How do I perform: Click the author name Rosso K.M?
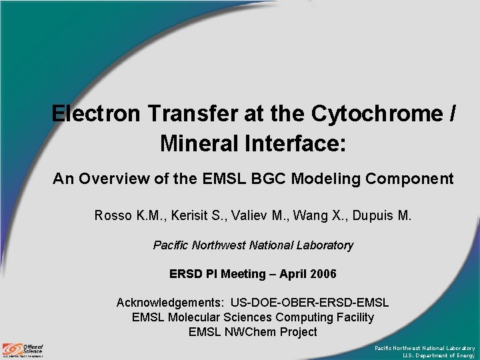pos(130,215)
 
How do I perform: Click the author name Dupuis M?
pos(382,215)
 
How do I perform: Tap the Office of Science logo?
pos(23,349)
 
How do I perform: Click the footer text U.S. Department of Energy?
pos(439,356)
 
